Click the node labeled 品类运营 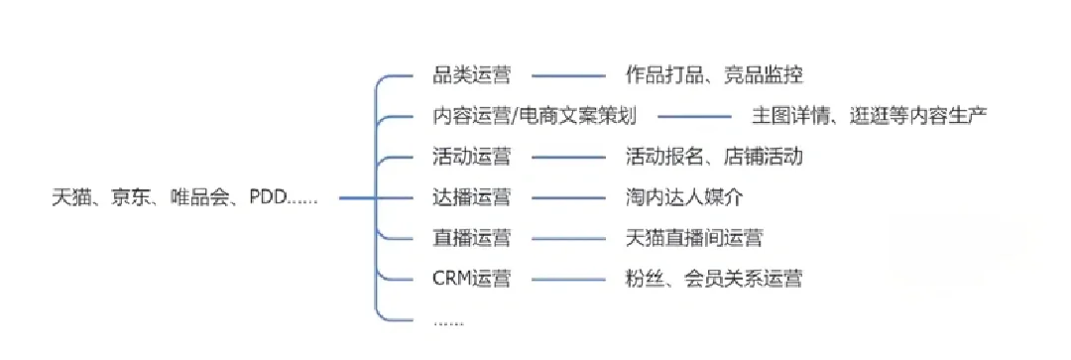[472, 74]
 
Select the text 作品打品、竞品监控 [714, 74]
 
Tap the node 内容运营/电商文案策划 [535, 116]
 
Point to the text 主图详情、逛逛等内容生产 [869, 116]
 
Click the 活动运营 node [472, 157]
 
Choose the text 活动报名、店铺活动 [714, 157]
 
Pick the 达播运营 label [472, 197]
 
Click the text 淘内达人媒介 [684, 197]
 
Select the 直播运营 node [472, 238]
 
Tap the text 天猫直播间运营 [694, 238]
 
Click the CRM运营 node [472, 279]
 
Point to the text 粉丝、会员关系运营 [714, 279]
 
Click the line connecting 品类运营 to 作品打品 [568, 74]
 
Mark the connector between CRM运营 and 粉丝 [568, 279]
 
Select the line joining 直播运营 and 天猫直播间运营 [568, 238]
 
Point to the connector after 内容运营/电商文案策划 [694, 116]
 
